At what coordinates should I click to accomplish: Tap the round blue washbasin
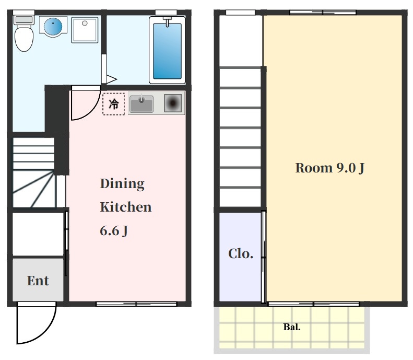point(53,27)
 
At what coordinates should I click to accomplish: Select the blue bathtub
point(167,50)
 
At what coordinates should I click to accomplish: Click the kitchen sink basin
point(141,104)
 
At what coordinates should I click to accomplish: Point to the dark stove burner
point(173,103)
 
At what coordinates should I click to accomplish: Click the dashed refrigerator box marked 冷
point(113,104)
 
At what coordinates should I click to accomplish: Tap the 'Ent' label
point(38,281)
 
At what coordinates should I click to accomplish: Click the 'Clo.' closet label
point(241,253)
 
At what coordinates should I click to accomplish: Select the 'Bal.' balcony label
point(292,327)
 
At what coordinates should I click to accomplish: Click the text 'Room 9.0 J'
point(330,168)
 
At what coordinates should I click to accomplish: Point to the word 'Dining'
point(122,184)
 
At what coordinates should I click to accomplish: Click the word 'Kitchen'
point(126,207)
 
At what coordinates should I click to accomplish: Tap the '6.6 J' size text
point(114,231)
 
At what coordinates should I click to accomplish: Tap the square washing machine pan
point(85,30)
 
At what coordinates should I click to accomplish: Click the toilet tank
point(24,20)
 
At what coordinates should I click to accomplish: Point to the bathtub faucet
point(167,21)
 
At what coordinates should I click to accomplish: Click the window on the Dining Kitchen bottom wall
point(136,304)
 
